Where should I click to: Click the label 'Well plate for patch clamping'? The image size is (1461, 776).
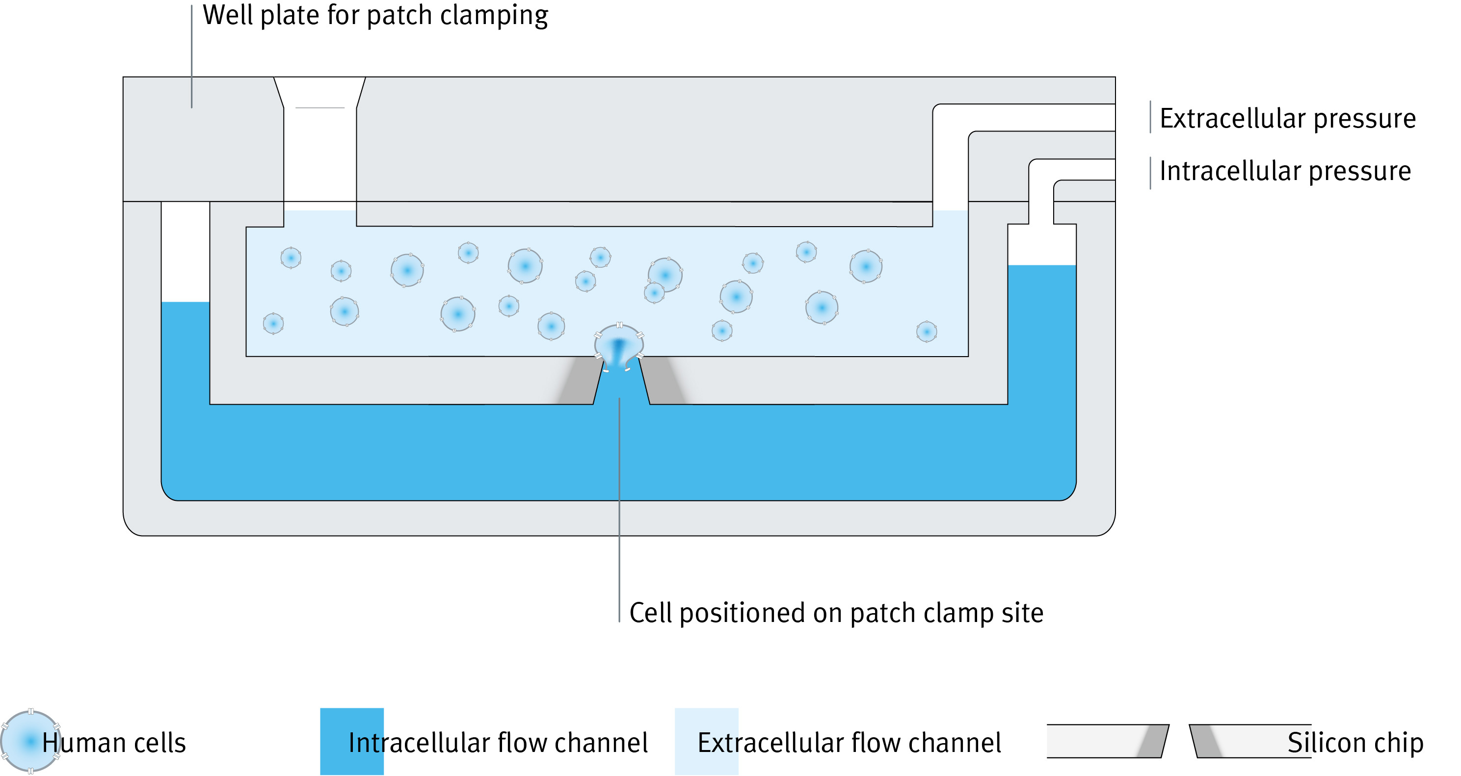[x=375, y=15]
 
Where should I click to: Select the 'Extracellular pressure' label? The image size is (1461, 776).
[x=1287, y=119]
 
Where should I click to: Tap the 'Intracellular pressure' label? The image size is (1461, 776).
[x=1285, y=171]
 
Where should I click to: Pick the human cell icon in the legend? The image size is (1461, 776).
[x=30, y=742]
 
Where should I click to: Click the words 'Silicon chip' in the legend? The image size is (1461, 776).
[x=1355, y=743]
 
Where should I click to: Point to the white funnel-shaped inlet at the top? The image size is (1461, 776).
[x=320, y=142]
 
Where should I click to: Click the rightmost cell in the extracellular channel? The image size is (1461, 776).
[x=926, y=331]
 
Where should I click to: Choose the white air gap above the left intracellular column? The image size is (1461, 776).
[x=186, y=252]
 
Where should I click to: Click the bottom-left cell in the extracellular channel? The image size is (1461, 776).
[x=273, y=324]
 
